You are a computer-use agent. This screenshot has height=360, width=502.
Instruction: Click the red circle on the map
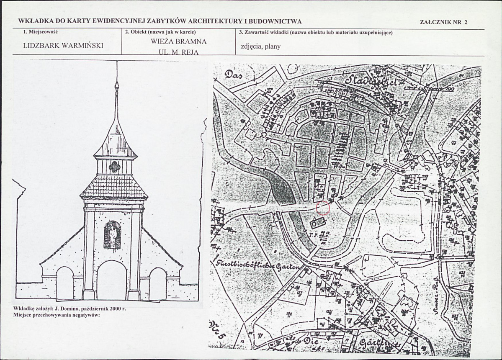coord(323,208)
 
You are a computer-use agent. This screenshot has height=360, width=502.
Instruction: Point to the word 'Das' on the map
coord(235,75)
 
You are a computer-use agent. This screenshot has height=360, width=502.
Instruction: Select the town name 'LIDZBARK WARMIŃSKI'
coord(63,46)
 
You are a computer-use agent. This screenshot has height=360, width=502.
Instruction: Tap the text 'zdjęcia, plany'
coord(260,46)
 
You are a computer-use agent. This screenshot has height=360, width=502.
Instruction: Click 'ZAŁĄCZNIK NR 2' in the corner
coord(443,23)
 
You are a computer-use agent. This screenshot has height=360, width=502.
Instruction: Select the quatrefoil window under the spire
coord(115,167)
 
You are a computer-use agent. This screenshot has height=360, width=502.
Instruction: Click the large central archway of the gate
coord(111,280)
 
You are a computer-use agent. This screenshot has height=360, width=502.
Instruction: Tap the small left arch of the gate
coord(65,283)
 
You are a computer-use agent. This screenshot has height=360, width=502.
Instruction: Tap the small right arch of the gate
coord(158,283)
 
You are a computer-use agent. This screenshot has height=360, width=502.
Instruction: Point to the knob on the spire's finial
coord(116,86)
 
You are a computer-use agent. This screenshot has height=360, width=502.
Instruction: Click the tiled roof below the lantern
coord(114,186)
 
